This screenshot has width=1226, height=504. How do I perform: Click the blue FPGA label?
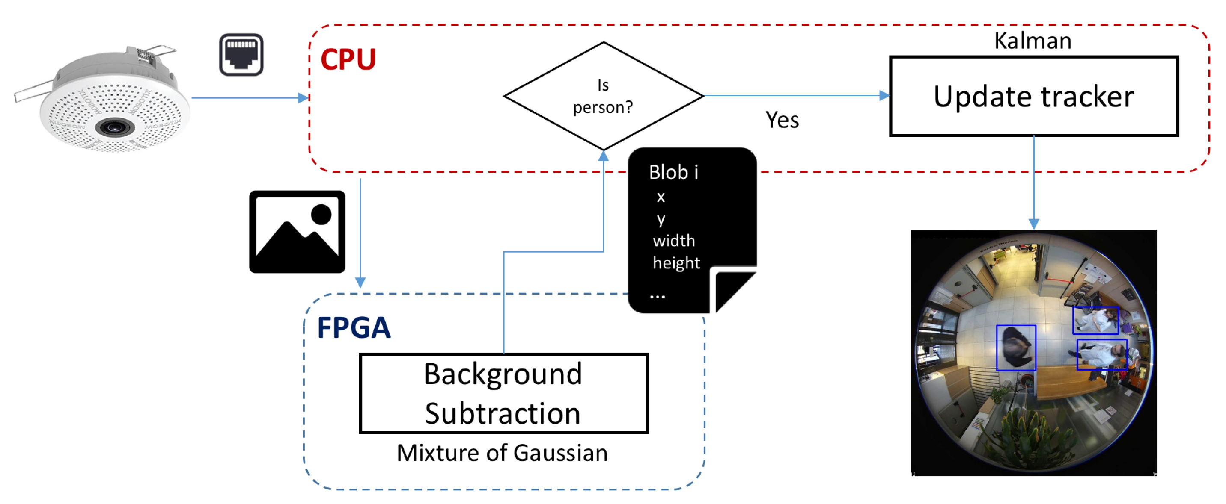[354, 327]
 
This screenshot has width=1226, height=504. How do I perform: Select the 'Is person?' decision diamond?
[603, 96]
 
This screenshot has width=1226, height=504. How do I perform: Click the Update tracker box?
[1033, 97]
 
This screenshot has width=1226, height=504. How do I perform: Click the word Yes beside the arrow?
[782, 120]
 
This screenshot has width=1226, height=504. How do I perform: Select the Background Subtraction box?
[503, 393]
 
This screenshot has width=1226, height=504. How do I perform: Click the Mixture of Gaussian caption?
[502, 453]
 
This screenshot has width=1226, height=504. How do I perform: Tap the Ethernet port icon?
[241, 54]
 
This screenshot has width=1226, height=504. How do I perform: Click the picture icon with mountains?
[297, 232]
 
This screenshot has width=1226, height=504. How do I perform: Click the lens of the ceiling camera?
[114, 127]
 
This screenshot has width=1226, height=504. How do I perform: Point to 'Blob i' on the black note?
[673, 172]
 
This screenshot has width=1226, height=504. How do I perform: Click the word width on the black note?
[673, 241]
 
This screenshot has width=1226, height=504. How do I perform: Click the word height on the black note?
[676, 263]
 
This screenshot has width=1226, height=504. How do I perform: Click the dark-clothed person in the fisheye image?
[1015, 348]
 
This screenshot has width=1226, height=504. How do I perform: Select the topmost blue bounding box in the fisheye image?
[1095, 321]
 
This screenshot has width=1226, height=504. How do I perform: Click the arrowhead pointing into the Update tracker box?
[884, 96]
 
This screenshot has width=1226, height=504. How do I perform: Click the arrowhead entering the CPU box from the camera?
[303, 98]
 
